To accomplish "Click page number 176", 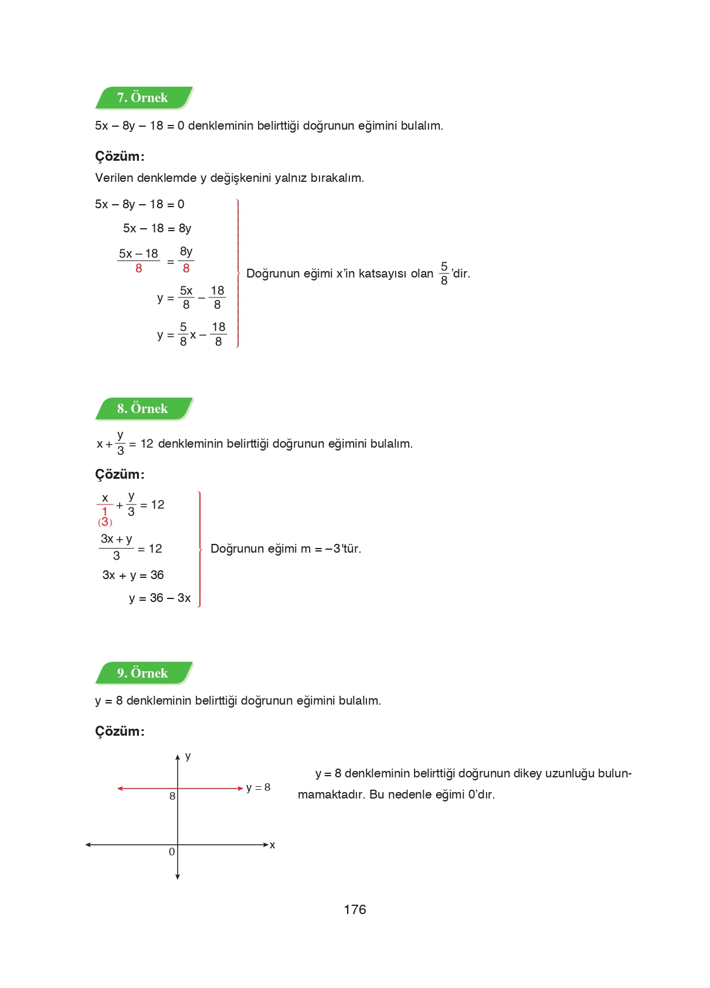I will pos(355,909).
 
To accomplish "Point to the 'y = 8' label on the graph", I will pos(258,787).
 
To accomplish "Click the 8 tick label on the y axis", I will pos(172,796).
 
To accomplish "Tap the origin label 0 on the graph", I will pos(171,852).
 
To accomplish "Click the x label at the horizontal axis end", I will pos(272,845).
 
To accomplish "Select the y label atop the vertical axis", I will pos(188,756).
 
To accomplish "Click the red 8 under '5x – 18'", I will pos(138,269).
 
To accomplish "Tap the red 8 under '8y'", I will pos(186,269).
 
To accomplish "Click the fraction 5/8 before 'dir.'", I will pos(444,273).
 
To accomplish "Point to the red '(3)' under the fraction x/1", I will pos(105,522).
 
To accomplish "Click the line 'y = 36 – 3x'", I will pos(159,598).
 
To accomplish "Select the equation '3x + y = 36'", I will pos(133,575).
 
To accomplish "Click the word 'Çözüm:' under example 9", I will pos(120,731).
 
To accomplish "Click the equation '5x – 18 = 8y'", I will pos(157,228).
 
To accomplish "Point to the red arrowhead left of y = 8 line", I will pos(120,789).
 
